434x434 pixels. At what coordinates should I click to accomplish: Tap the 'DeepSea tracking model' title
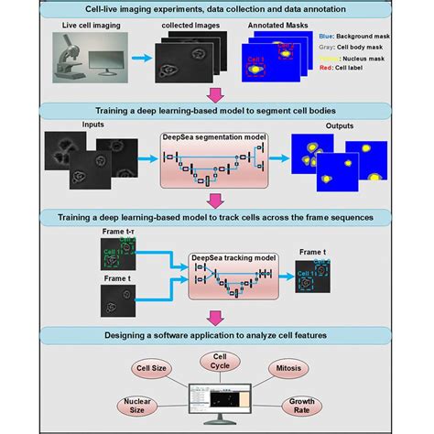(x=225, y=258)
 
